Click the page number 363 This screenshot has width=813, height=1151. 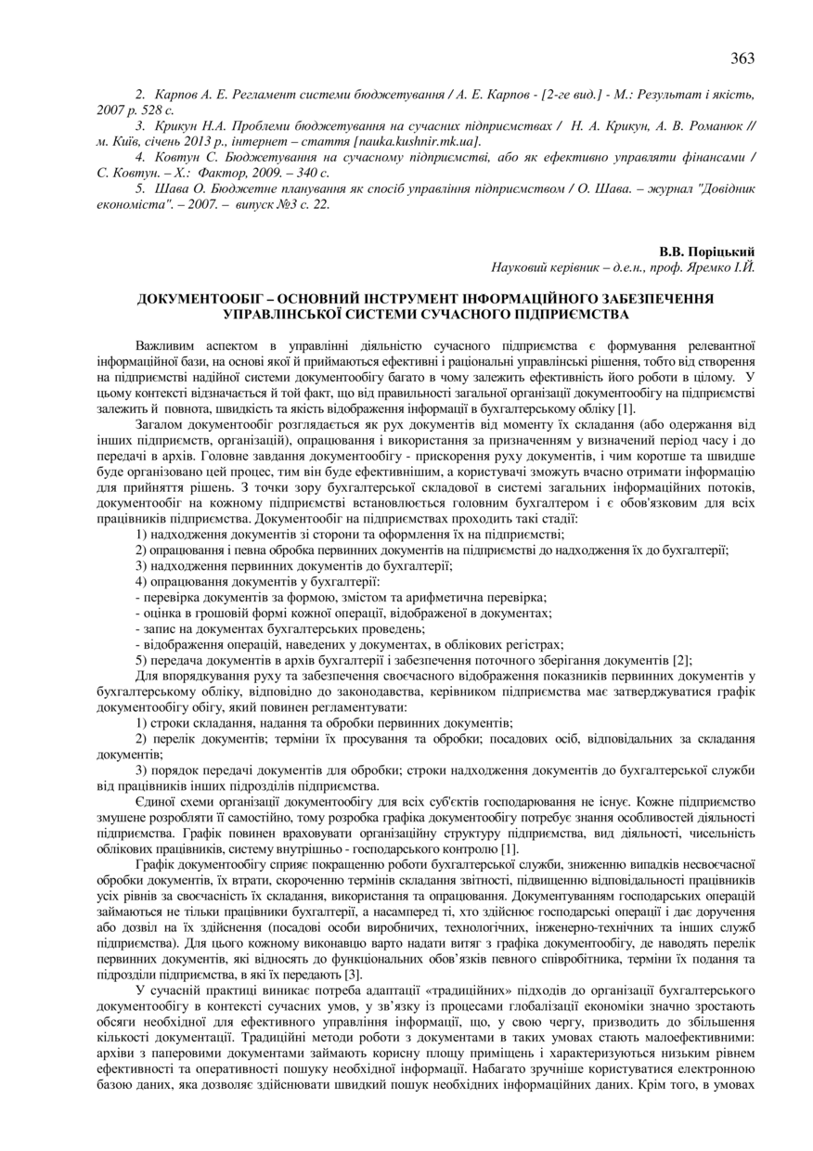pos(742,58)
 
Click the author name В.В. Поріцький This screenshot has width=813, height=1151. pos(707,252)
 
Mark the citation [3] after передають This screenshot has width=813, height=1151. pos(353,975)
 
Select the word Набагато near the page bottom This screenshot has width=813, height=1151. pos(498,1068)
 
